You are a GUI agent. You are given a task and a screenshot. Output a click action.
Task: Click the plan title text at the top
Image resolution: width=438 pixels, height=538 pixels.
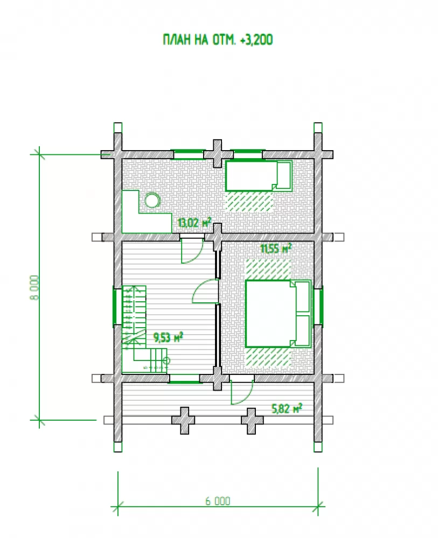218,40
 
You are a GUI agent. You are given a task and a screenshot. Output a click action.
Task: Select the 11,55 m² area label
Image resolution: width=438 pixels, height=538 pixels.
276,248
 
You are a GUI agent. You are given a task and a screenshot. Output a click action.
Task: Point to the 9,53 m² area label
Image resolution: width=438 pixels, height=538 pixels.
168,337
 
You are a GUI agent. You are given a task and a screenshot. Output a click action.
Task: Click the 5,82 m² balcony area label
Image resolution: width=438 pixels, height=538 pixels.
287,408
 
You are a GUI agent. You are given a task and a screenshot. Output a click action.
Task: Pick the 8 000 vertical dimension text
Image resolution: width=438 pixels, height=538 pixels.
34,287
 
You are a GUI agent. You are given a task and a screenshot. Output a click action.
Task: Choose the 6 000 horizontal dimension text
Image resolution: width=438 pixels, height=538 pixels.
218,501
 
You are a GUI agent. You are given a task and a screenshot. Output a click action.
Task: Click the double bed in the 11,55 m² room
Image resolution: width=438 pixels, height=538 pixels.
278,314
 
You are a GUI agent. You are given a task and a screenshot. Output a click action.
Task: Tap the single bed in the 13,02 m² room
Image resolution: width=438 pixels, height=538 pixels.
259,176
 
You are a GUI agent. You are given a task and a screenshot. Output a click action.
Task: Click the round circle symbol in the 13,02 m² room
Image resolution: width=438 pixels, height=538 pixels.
152,200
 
